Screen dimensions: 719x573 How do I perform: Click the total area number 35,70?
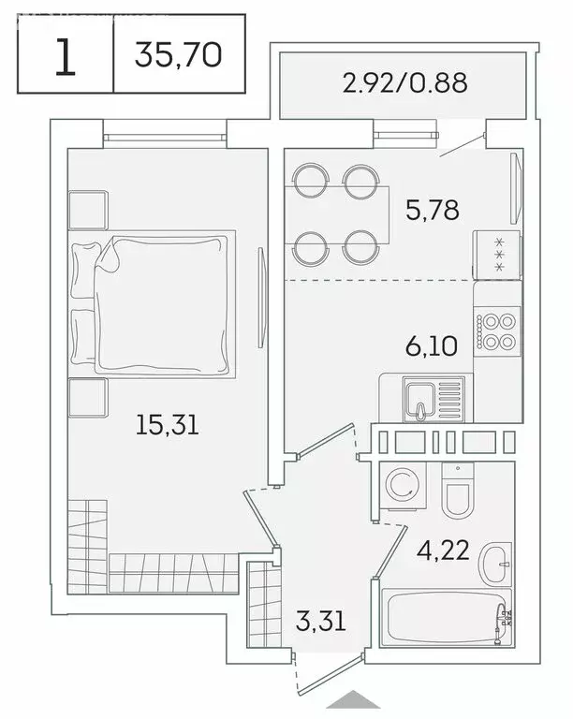(x=178, y=54)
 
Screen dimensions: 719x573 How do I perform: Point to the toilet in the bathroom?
(x=460, y=496)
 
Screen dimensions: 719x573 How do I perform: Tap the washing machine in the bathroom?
(x=403, y=487)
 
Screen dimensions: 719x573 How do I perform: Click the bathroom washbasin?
(x=496, y=564)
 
